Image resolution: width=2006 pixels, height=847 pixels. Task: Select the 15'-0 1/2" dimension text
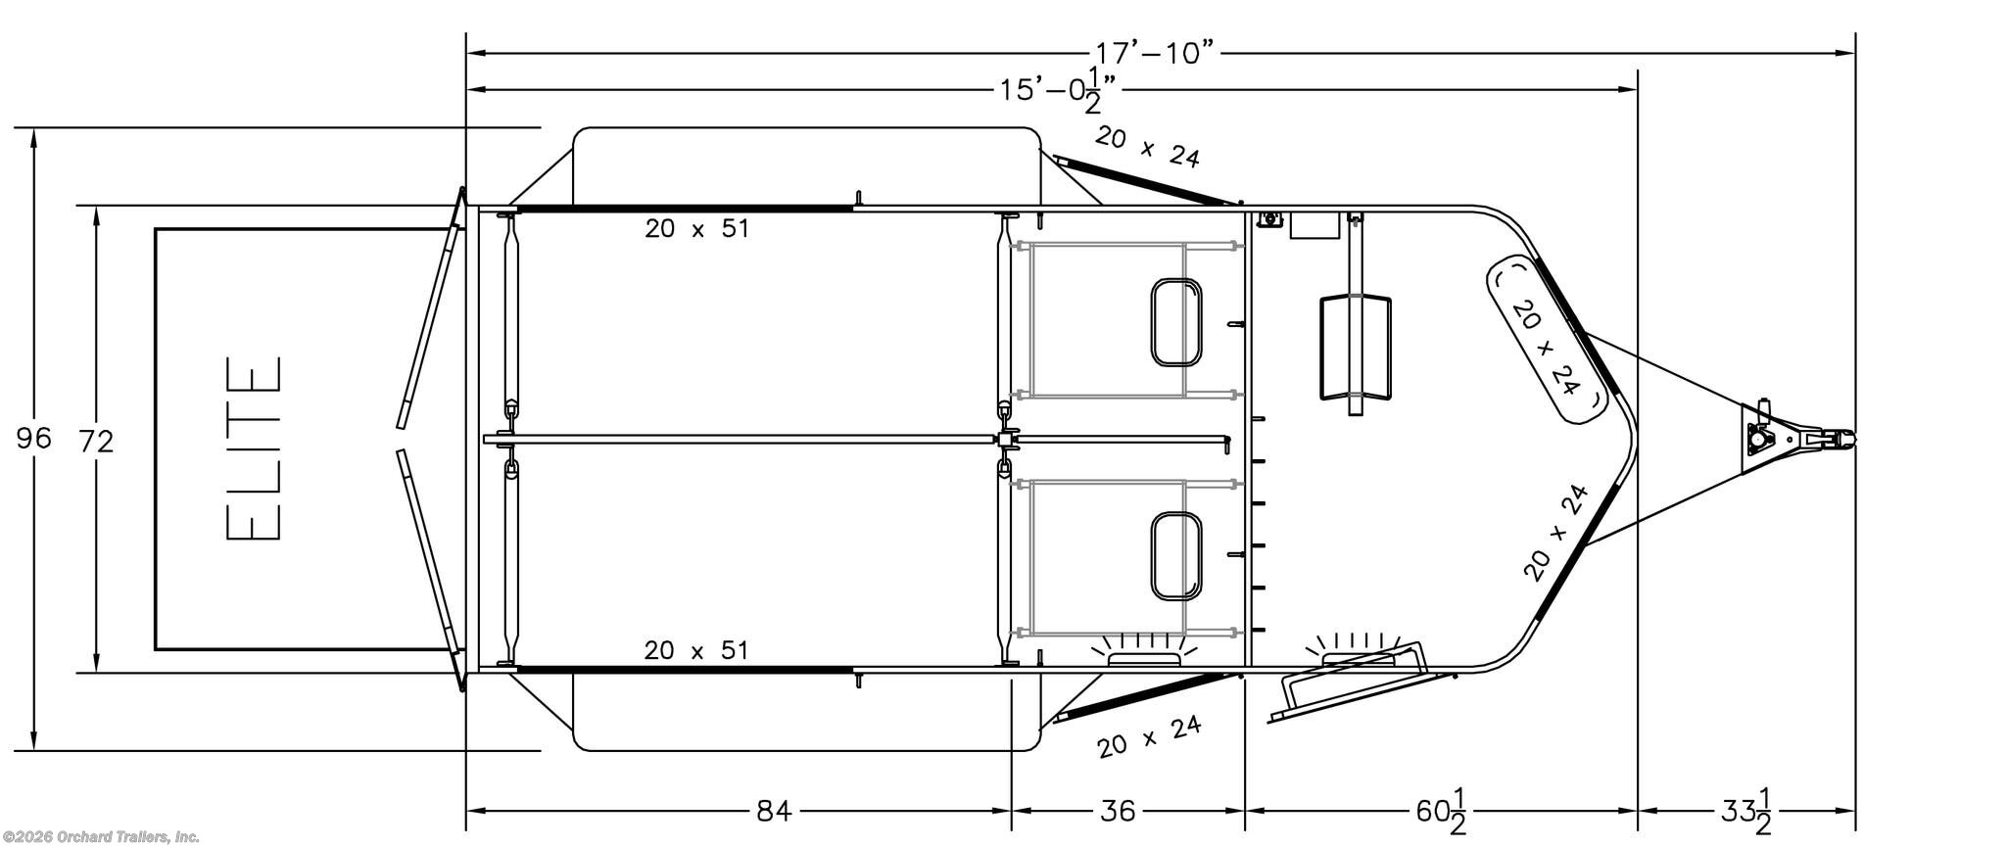click(x=1058, y=91)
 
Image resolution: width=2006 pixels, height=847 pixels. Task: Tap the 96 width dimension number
click(x=34, y=438)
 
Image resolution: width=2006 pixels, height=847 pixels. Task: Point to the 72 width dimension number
click(x=96, y=442)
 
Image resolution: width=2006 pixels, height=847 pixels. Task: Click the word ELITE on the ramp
click(x=255, y=447)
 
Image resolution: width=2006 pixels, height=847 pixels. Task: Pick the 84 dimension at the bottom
click(x=774, y=811)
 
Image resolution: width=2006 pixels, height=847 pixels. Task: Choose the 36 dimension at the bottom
click(x=1118, y=811)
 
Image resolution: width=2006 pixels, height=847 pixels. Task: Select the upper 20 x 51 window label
click(x=696, y=229)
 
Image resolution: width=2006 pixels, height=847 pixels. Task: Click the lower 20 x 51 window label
click(x=696, y=650)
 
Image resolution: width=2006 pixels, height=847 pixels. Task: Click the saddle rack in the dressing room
click(x=1355, y=348)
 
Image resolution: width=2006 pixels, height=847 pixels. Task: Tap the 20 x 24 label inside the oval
click(x=1547, y=347)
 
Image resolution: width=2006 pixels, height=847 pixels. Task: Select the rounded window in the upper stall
click(x=1175, y=322)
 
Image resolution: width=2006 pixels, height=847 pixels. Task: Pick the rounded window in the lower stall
click(x=1175, y=555)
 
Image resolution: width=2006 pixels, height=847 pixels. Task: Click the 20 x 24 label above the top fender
click(x=1147, y=147)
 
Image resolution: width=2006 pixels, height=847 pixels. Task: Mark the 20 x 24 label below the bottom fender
click(x=1149, y=736)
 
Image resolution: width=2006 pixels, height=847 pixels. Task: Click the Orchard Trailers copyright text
click(x=100, y=837)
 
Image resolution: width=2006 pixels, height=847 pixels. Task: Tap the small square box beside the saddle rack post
click(x=1313, y=225)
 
